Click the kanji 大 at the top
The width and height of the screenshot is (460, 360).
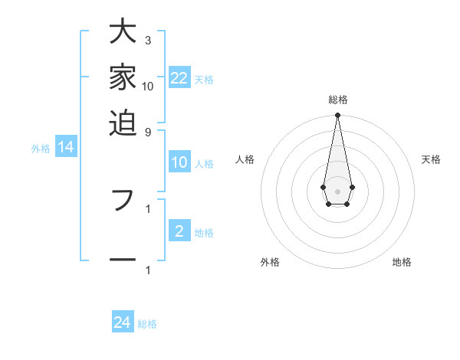[123, 33]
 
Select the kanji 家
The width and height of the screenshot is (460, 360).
[123, 77]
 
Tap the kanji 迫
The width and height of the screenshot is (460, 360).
[123, 121]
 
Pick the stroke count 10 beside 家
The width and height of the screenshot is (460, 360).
[148, 86]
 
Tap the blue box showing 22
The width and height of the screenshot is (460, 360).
[179, 77]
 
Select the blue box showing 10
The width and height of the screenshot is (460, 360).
[179, 162]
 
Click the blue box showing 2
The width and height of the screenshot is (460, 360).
[179, 231]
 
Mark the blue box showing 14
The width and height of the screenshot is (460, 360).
[66, 148]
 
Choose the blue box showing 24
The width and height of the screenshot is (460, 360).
[123, 322]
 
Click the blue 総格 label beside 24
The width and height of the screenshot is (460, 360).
[147, 324]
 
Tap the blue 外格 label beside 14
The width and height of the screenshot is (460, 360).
[41, 149]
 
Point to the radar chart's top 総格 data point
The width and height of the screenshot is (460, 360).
[337, 115]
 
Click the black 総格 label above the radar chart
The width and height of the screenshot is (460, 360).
[337, 100]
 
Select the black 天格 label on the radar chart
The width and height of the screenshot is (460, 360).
[431, 159]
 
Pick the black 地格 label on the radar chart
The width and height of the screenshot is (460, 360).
[402, 262]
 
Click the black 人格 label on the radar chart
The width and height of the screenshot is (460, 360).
[245, 159]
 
